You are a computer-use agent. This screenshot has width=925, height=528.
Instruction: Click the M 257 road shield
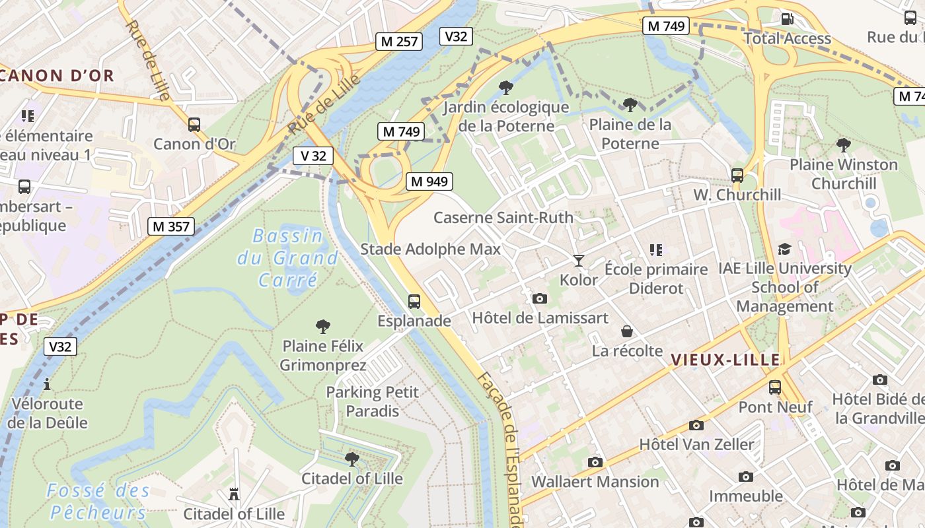pyautogui.click(x=398, y=42)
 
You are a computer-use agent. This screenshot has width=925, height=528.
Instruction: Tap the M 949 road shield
pyautogui.click(x=429, y=181)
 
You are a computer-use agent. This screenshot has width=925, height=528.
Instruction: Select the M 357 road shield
pyautogui.click(x=171, y=226)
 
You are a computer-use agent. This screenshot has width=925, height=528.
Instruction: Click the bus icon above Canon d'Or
pyautogui.click(x=194, y=124)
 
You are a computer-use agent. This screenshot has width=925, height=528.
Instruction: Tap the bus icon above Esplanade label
pyautogui.click(x=414, y=302)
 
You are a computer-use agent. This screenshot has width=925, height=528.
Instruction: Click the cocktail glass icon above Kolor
pyautogui.click(x=579, y=260)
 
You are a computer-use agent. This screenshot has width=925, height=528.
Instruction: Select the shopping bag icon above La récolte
pyautogui.click(x=627, y=331)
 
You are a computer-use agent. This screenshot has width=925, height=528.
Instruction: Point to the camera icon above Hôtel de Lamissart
pyautogui.click(x=540, y=298)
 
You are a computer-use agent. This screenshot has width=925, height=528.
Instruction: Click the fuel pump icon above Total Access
pyautogui.click(x=788, y=18)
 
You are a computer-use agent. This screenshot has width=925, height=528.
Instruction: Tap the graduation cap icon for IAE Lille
pyautogui.click(x=784, y=249)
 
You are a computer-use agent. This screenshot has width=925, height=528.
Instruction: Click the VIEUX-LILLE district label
pyautogui.click(x=725, y=360)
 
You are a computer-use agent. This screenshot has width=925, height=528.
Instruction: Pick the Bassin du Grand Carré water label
pyautogui.click(x=289, y=257)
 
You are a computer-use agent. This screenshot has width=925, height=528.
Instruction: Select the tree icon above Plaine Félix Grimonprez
pyautogui.click(x=323, y=326)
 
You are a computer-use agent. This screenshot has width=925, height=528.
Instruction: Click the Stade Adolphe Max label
pyautogui.click(x=430, y=249)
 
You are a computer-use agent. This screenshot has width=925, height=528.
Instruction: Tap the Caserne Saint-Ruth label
pyautogui.click(x=503, y=217)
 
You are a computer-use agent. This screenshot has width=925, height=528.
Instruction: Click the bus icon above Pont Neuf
pyautogui.click(x=775, y=387)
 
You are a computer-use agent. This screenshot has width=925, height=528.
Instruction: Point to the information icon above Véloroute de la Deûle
pyautogui.click(x=47, y=384)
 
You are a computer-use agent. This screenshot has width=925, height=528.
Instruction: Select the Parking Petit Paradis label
pyautogui.click(x=373, y=401)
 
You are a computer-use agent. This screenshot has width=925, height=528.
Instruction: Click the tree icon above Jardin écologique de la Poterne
pyautogui.click(x=506, y=87)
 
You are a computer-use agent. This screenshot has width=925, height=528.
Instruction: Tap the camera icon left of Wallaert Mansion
pyautogui.click(x=595, y=462)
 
